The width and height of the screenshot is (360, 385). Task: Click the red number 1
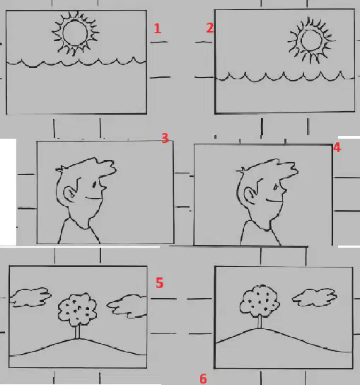click(158, 28)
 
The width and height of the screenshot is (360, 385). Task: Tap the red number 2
click(210, 28)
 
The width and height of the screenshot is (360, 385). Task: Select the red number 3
click(166, 138)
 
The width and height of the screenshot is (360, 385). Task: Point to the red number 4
click(337, 148)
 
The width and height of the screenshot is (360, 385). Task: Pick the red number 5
click(160, 282)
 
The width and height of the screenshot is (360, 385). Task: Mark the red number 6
click(203, 379)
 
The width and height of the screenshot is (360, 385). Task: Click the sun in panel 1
click(75, 33)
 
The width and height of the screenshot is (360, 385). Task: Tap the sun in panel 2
click(311, 40)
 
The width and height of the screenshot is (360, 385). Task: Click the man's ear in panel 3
click(69, 194)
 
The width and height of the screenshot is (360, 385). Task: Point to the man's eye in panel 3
click(94, 185)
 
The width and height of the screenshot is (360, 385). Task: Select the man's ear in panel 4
click(250, 196)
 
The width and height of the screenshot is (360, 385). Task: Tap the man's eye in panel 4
click(275, 188)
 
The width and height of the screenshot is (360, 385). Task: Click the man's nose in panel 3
click(103, 187)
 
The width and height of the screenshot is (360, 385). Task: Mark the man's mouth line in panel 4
click(274, 201)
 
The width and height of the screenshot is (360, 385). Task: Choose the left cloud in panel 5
click(30, 297)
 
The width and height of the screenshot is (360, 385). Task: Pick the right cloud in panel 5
click(127, 306)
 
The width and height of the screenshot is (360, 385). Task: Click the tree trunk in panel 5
click(77, 332)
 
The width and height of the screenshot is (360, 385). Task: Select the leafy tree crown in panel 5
click(77, 309)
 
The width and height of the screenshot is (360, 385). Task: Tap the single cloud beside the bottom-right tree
click(314, 297)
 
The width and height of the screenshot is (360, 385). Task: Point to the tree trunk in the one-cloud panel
click(260, 321)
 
